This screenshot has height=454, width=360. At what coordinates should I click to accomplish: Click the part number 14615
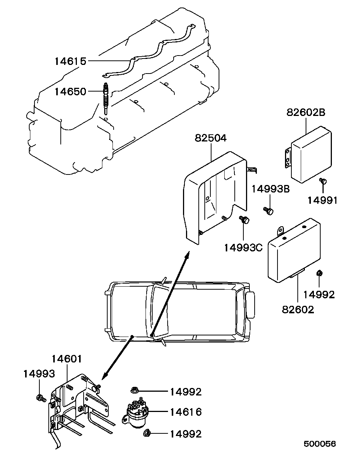[x=70, y=62]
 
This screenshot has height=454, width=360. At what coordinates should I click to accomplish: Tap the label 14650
[x=70, y=92]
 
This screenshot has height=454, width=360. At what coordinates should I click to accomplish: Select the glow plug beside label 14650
[x=106, y=99]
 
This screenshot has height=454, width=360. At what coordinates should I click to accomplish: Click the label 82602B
[x=306, y=113]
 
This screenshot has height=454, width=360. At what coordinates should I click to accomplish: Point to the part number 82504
[x=210, y=138]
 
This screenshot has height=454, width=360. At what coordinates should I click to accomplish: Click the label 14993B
[x=271, y=189]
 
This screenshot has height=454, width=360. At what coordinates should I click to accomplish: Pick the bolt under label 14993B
[x=268, y=211]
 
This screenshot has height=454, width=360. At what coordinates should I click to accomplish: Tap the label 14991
[x=322, y=200]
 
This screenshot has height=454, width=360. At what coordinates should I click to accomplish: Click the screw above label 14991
[x=323, y=181]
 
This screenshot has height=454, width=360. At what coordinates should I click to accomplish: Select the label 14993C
[x=243, y=248]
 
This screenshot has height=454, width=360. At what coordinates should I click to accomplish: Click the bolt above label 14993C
[x=244, y=219]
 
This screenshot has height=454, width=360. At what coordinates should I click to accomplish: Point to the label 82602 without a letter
[x=298, y=310]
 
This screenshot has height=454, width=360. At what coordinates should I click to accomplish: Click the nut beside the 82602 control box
[x=319, y=273]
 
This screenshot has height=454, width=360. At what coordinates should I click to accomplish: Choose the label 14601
[x=67, y=359]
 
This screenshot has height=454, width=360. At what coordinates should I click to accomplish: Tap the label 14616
[x=186, y=412]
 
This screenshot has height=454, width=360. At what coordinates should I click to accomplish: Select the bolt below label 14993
[x=41, y=398]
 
